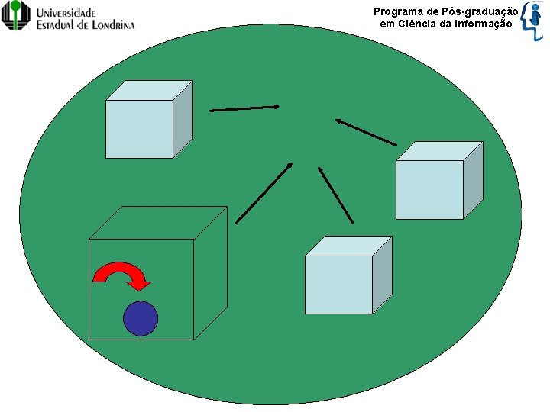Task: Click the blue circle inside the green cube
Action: point(141,319)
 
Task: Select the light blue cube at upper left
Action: point(140,128)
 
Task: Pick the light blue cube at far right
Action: point(430,188)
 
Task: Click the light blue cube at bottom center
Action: point(339,284)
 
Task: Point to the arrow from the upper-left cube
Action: point(244,109)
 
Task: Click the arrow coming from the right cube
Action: point(366,131)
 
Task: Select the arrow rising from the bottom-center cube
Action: point(335,195)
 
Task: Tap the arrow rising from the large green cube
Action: point(264,192)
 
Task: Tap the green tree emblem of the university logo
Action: point(16,14)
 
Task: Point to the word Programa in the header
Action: point(395,11)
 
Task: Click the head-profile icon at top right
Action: point(534,20)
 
